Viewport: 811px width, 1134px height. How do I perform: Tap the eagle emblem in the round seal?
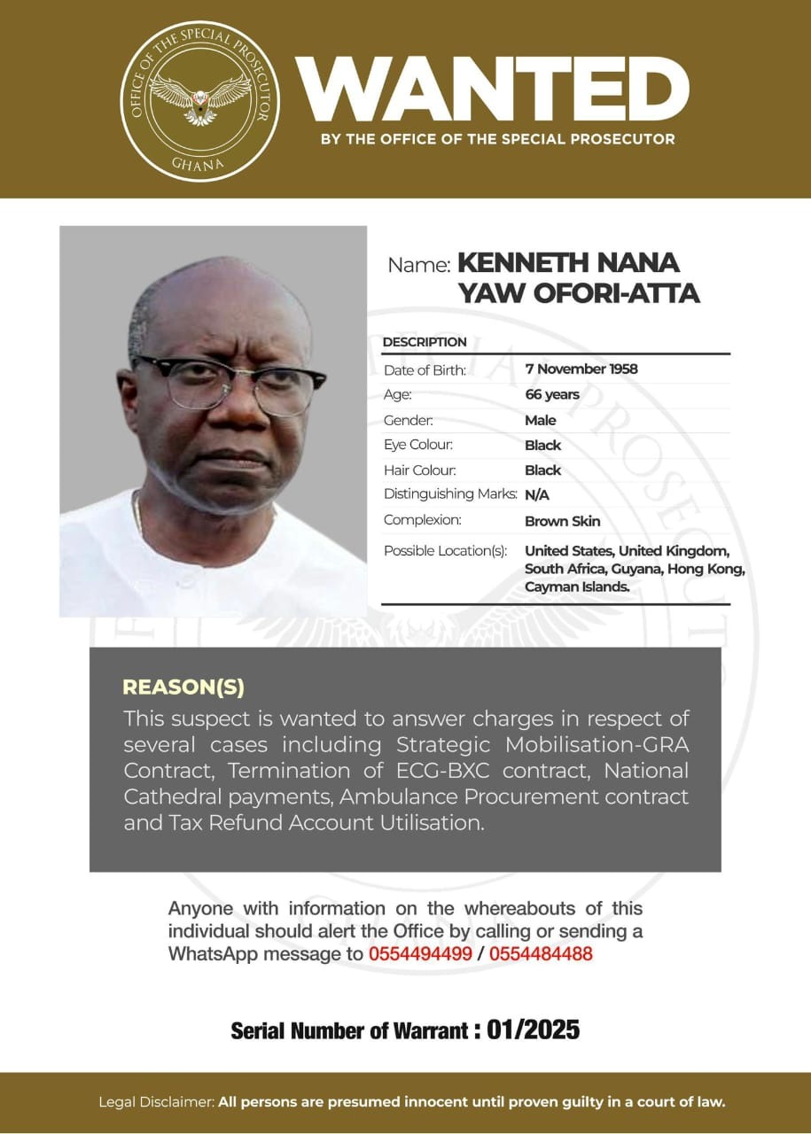click(x=199, y=96)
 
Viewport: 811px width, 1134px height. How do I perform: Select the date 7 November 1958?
click(x=581, y=369)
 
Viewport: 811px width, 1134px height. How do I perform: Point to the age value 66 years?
click(x=551, y=394)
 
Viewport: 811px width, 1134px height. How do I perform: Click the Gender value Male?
click(x=540, y=420)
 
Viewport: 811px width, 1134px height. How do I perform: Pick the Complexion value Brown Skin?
click(x=562, y=521)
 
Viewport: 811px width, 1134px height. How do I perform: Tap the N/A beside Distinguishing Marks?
click(x=537, y=495)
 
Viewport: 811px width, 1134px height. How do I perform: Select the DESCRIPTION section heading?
click(x=425, y=342)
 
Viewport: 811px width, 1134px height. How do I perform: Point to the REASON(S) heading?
click(x=183, y=687)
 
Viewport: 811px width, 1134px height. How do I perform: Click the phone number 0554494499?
click(x=420, y=954)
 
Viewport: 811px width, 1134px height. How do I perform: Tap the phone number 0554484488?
click(x=541, y=954)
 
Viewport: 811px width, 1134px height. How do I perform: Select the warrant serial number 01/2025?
click(x=534, y=1029)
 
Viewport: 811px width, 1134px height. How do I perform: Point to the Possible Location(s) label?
click(x=445, y=551)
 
